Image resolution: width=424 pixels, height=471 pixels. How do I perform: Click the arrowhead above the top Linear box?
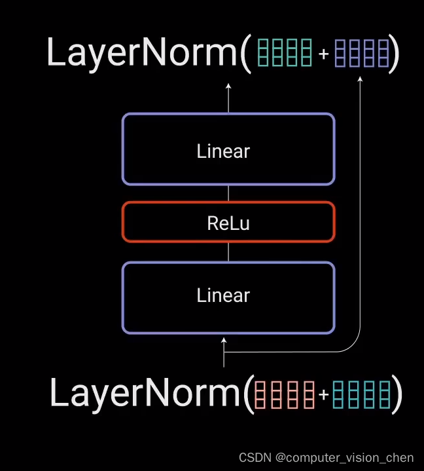228,86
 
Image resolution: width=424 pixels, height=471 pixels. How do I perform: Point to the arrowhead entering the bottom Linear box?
224,341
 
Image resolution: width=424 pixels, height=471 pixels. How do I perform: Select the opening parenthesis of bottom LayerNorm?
247,394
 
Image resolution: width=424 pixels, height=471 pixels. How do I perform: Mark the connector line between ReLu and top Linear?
228,193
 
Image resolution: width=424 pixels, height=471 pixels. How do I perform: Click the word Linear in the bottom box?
223,295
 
